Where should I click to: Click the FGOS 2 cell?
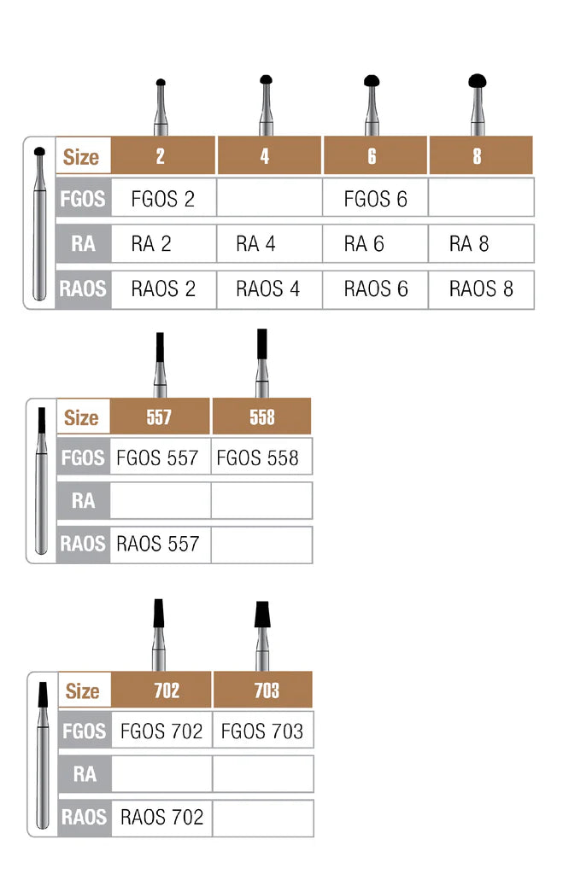tap(163, 199)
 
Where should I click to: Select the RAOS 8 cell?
tap(481, 288)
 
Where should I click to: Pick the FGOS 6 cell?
tap(375, 199)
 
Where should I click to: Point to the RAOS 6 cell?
tap(375, 288)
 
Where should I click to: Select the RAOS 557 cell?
tap(158, 544)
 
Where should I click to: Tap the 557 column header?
tap(159, 417)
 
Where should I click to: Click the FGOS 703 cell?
tap(262, 731)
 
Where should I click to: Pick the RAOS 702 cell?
tap(161, 817)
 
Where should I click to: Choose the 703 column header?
tap(263, 690)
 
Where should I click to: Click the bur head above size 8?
tap(478, 82)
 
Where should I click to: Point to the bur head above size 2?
tap(160, 82)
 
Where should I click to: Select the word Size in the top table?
tap(82, 157)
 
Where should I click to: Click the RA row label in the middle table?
tap(83, 500)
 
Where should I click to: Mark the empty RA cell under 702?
tap(161, 773)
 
